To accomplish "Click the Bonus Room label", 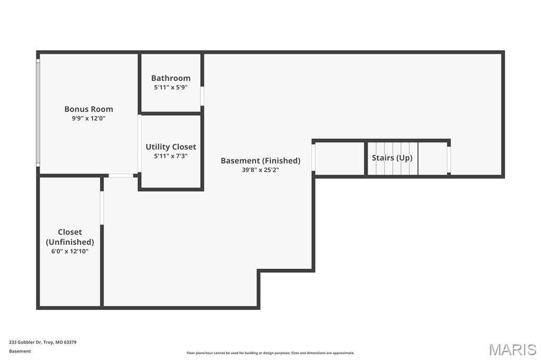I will pyautogui.click(x=89, y=109).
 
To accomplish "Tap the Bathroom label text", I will pyautogui.click(x=171, y=78).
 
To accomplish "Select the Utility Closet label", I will pyautogui.click(x=171, y=147).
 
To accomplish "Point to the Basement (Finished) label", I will pyautogui.click(x=260, y=160).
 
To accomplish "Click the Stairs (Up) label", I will pyautogui.click(x=392, y=158).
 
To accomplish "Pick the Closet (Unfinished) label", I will pyautogui.click(x=70, y=237).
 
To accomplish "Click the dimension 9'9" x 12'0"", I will pyautogui.click(x=89, y=119).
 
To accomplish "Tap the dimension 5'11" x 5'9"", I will pyautogui.click(x=171, y=88).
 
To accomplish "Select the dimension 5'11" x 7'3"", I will pyautogui.click(x=171, y=156).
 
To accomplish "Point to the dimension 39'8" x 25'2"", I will pyautogui.click(x=260, y=170).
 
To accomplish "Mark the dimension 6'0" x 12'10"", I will pyautogui.click(x=70, y=251).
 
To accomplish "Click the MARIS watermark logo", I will pyautogui.click(x=512, y=349).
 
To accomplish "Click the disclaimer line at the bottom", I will pyautogui.click(x=270, y=353).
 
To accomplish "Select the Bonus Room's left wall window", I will pyautogui.click(x=38, y=113).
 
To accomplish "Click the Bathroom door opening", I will pyautogui.click(x=202, y=96).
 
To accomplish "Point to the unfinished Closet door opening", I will pyautogui.click(x=102, y=207).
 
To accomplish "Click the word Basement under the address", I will pyautogui.click(x=20, y=351).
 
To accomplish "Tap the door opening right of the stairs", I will pyautogui.click(x=449, y=159).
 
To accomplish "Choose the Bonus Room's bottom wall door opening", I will pyautogui.click(x=121, y=175).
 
